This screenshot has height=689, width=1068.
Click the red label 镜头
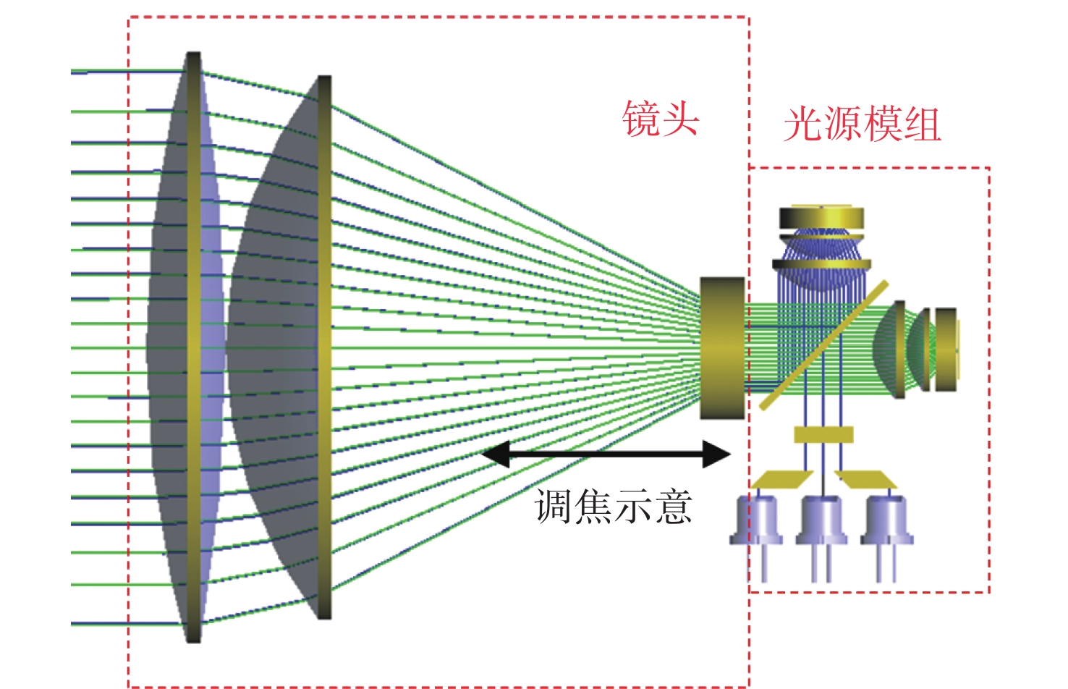click(661, 119)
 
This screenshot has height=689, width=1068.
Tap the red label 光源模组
click(863, 124)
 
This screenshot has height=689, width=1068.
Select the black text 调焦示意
click(613, 507)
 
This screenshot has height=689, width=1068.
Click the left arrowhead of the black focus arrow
click(496, 454)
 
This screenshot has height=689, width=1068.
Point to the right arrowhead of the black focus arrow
click(716, 454)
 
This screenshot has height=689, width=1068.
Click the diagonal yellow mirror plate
click(824, 345)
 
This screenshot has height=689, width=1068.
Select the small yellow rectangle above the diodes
click(823, 434)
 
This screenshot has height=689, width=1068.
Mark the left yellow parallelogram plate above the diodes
click(782, 480)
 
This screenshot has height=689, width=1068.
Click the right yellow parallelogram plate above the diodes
click(866, 480)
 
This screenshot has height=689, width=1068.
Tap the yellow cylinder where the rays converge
click(722, 348)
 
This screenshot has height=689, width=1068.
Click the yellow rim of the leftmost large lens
click(194, 347)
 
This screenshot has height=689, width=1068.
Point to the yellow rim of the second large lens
click(324, 347)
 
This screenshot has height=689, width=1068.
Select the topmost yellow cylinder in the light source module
click(821, 217)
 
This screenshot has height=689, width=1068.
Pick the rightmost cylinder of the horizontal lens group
click(946, 350)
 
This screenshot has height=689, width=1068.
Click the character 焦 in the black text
click(593, 507)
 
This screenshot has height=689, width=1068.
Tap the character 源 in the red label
click(843, 124)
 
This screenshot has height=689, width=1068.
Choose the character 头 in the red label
click(681, 119)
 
